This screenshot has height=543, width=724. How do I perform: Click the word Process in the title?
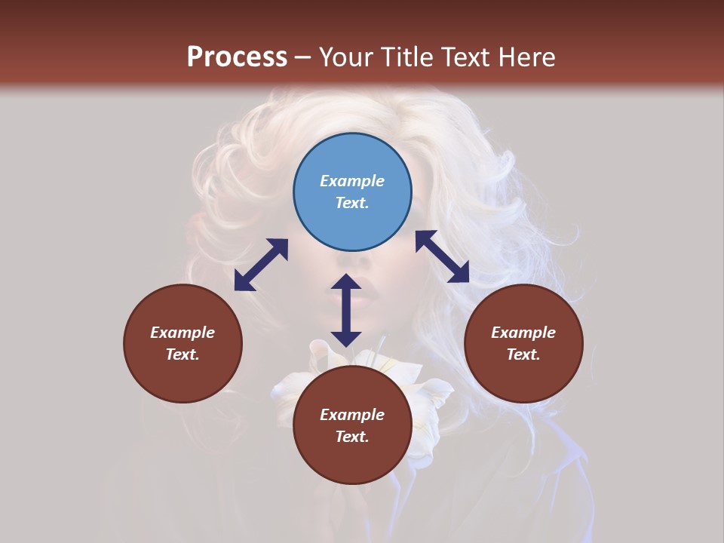237,57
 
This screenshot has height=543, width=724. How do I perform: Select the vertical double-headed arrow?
346,310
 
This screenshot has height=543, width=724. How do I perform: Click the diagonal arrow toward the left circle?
261,265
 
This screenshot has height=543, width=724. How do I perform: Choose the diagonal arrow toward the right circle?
443,256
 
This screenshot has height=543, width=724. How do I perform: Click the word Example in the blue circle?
352,181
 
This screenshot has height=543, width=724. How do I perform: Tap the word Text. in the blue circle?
351,203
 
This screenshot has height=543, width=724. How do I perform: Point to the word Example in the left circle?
183,333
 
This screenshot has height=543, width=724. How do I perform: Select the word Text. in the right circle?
523,354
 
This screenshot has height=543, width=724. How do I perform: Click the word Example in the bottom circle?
352,415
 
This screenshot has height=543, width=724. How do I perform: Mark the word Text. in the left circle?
183,354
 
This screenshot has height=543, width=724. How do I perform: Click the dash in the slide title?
302,58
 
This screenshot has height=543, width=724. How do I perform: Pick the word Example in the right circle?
523,333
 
